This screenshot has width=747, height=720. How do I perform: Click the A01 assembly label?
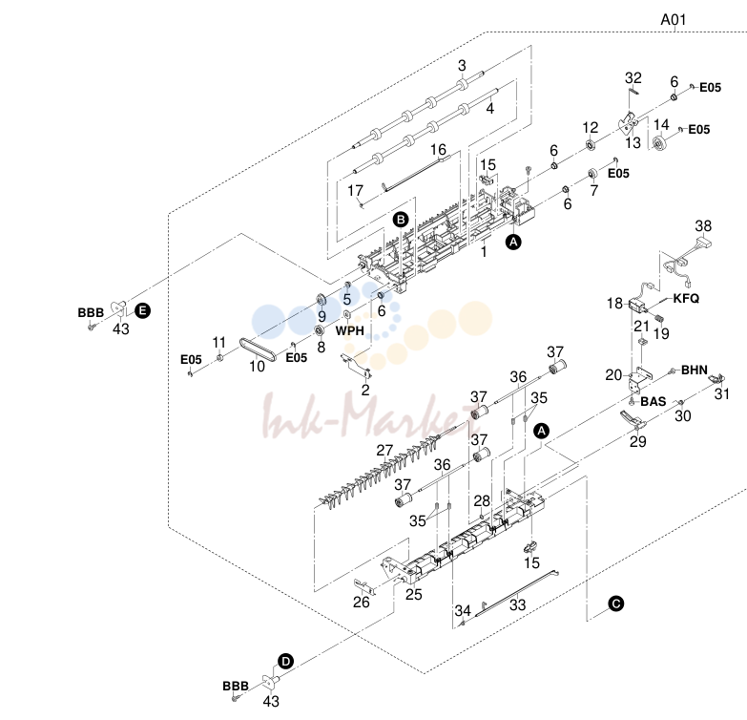coord(674,20)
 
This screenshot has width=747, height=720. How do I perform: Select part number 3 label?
coord(462,65)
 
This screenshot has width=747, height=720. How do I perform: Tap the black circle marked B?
coord(401,220)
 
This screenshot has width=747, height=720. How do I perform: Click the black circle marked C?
coord(616,604)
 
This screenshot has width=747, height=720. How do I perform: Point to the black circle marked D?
coord(285,662)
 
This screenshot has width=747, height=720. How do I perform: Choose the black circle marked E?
coord(142,311)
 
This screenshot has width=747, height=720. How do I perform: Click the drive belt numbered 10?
coord(258,350)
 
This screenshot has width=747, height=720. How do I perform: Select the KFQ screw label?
coord(686,299)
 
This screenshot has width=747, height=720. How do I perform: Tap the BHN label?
coord(695,370)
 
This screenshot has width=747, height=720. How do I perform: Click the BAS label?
coord(654,401)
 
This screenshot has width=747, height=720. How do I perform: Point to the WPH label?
coord(350,330)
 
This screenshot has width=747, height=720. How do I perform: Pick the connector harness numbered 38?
coord(686,258)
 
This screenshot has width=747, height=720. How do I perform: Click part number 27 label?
coord(384,450)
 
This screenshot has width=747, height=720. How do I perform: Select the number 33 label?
coord(517,604)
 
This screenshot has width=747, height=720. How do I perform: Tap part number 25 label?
coord(413,594)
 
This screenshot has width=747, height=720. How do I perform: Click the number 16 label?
coord(438,150)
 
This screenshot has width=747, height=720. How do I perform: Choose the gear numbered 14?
coord(659,142)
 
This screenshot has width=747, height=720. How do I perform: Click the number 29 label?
coord(638,441)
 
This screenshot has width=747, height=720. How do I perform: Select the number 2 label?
coord(365,390)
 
